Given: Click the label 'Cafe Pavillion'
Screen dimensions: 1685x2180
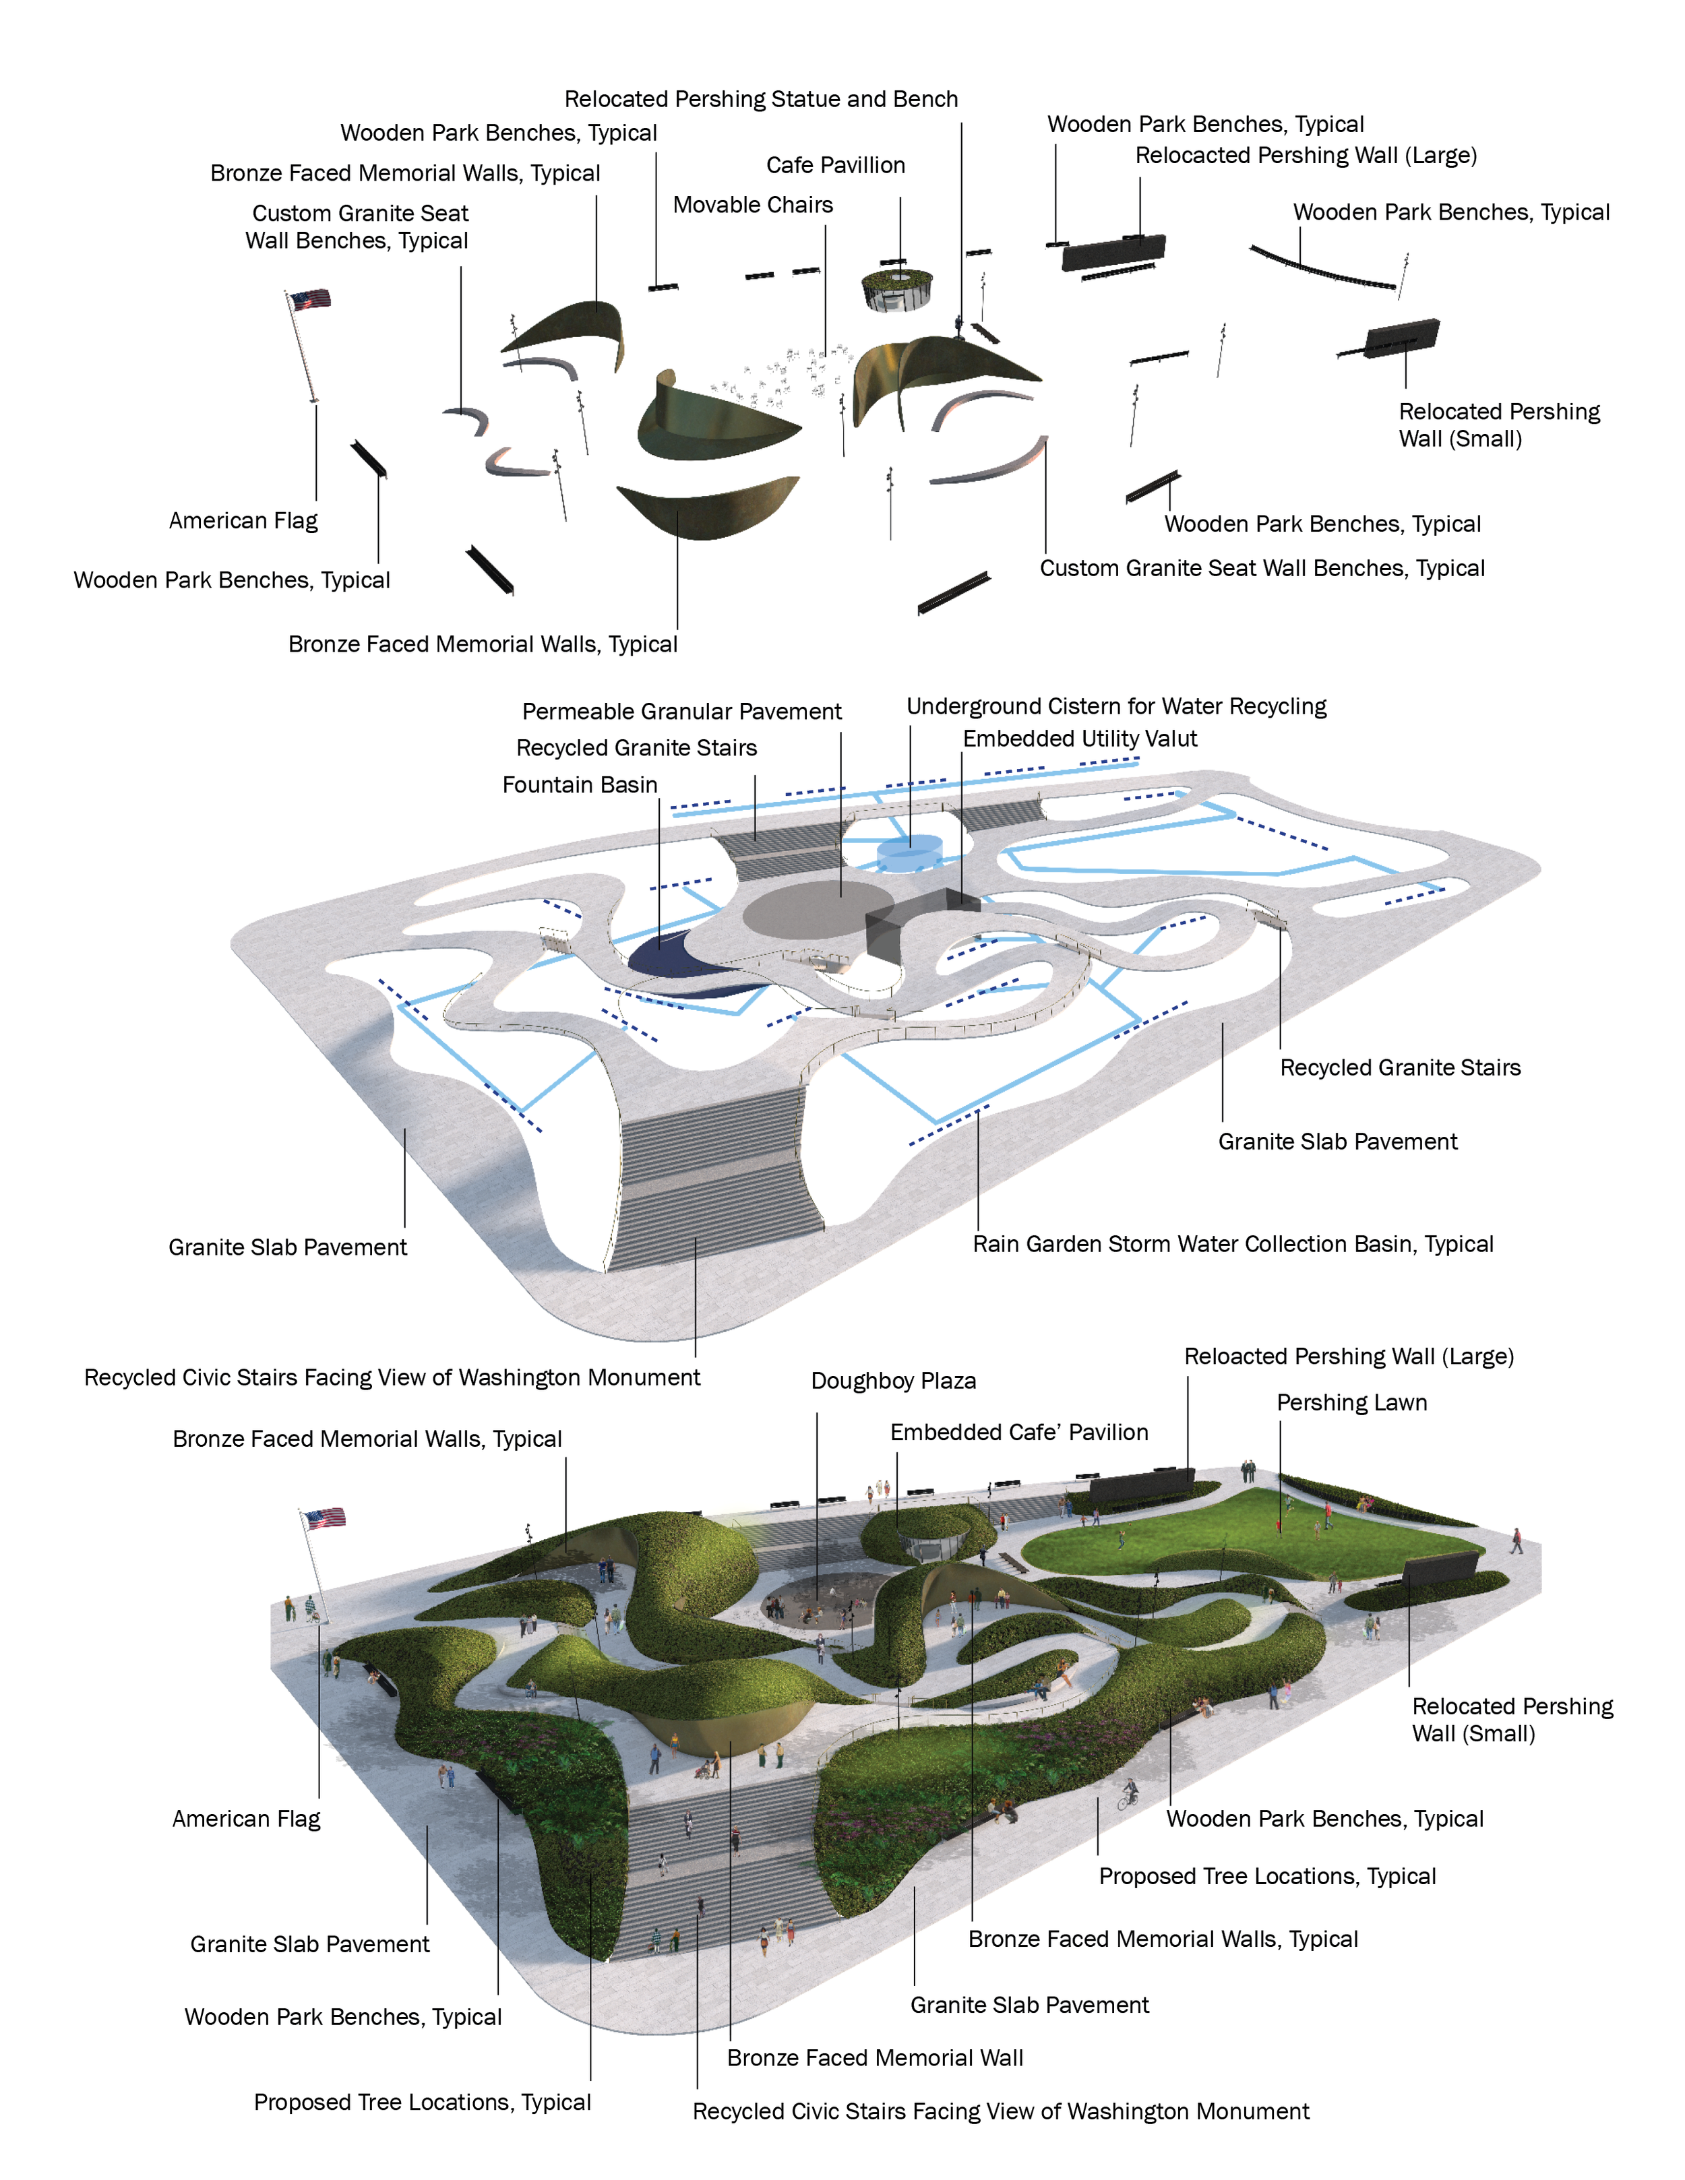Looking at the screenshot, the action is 836,166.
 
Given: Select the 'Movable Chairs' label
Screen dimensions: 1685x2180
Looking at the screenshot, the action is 753,206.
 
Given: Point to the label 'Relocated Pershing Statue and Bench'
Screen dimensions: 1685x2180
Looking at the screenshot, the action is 761,100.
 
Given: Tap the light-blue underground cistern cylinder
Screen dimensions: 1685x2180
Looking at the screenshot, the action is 909,853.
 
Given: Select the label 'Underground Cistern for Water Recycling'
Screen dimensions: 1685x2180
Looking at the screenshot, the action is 1116,707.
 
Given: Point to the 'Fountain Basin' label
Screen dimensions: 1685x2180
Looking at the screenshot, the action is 580,786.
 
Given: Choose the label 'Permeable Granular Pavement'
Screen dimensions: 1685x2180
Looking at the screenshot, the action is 682,712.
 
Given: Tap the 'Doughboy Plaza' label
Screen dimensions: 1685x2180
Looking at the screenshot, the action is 894,1381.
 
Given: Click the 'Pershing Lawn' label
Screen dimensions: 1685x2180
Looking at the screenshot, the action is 1351,1404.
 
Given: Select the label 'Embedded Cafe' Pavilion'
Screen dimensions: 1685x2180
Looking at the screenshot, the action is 1019,1433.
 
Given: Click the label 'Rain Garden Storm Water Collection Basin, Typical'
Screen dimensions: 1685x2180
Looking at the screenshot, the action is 1233,1245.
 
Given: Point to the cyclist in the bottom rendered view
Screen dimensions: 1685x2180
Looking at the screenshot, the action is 1128,1795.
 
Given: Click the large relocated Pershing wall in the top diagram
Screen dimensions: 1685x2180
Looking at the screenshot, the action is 1113,253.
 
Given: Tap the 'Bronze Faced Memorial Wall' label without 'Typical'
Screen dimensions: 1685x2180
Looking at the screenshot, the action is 876,2058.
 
